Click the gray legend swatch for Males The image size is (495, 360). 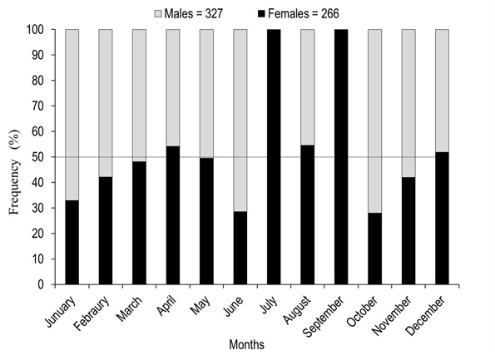click(157, 14)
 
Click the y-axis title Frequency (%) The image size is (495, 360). click(14, 171)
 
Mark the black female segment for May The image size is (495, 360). click(206, 221)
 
